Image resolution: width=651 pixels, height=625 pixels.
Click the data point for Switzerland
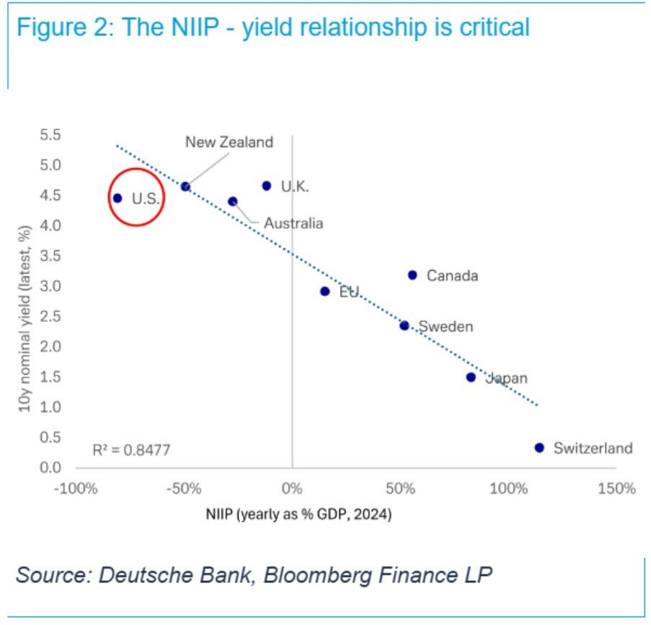[539, 447]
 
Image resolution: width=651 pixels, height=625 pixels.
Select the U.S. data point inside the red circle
[118, 198]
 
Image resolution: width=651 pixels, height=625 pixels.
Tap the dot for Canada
[412, 275]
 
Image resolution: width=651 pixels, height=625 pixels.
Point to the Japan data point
[471, 377]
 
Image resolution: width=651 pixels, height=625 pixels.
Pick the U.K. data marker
[267, 185]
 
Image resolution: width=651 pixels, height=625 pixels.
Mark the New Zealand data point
[185, 186]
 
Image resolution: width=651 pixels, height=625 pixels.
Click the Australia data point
[232, 201]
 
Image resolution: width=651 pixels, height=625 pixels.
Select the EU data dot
[324, 292]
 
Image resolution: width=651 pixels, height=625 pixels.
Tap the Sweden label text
[446, 326]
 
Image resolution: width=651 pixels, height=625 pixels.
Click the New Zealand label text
[229, 142]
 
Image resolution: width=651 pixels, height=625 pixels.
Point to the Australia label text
[293, 223]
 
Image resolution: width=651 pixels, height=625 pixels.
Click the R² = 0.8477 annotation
[131, 450]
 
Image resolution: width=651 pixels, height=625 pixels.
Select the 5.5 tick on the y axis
[50, 135]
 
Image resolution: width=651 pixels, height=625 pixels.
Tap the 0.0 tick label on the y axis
[50, 468]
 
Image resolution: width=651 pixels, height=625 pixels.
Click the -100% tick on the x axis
[76, 489]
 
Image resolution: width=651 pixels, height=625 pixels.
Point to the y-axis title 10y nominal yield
[25, 318]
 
